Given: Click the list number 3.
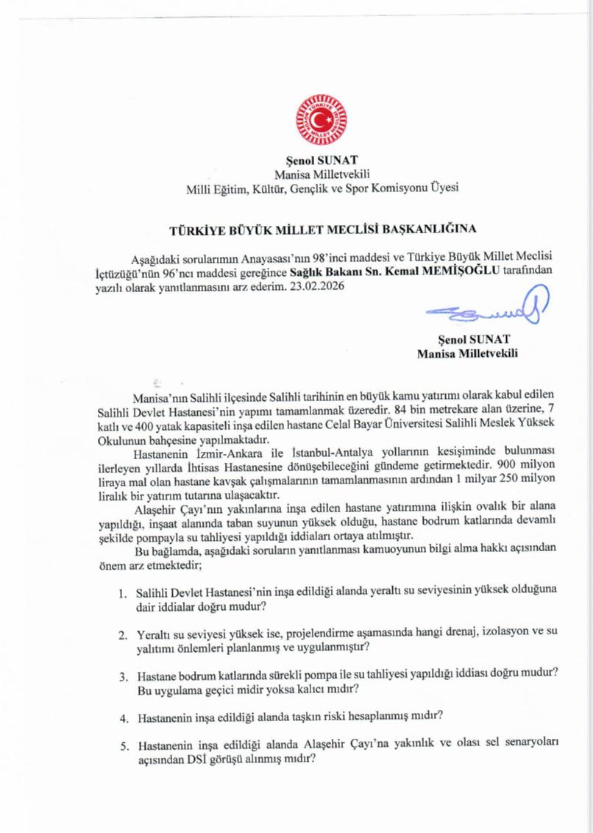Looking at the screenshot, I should [122, 676].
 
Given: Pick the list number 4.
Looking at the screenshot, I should [122, 716].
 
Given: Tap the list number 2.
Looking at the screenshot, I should [122, 634].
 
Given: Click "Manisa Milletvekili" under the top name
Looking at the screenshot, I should [322, 174].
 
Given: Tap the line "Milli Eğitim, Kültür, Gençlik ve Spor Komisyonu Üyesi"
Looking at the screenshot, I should [322, 188].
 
